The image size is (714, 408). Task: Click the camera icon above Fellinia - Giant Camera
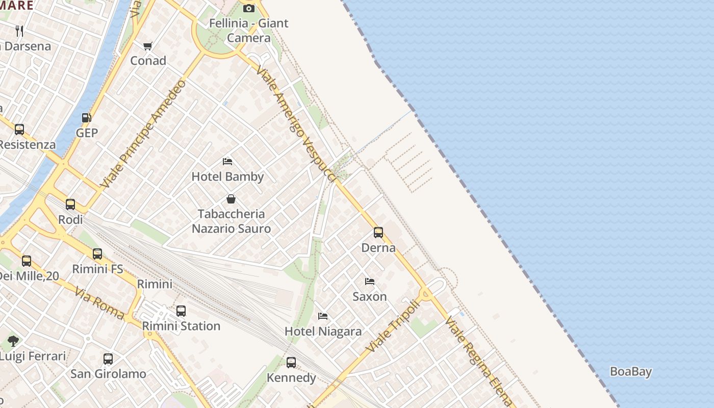[249, 8]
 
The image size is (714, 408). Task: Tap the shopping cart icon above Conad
[148, 46]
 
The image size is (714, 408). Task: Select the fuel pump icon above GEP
[87, 118]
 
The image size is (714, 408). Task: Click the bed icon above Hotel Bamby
[227, 162]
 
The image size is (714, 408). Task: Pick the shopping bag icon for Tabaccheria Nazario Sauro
[231, 199]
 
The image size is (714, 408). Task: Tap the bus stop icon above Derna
[378, 233]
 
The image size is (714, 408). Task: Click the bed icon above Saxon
[370, 282]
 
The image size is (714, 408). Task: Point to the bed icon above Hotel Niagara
[323, 316]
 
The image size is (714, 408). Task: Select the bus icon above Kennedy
[291, 363]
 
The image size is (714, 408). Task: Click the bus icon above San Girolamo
[108, 359]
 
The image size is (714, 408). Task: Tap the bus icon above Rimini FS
[97, 253]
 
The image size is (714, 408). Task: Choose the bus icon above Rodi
[70, 205]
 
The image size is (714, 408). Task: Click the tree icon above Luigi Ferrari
[13, 341]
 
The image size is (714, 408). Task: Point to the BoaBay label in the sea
[631, 371]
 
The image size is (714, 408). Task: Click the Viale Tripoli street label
[393, 326]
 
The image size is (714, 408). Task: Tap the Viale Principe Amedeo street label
[144, 134]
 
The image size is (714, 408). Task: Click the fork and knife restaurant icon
[19, 31]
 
